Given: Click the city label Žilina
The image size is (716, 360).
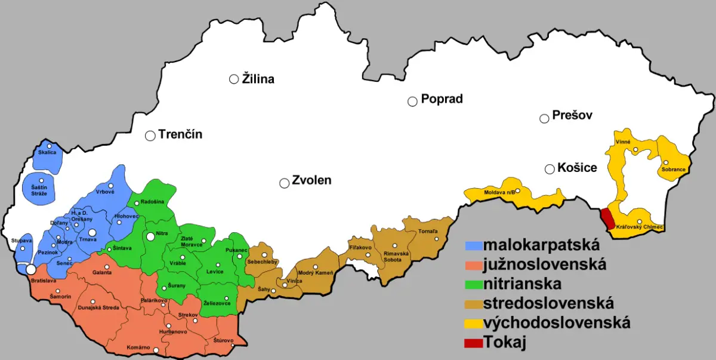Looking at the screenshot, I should pyautogui.click(x=258, y=79).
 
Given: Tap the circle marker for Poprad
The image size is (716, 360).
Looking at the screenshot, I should pyautogui.click(x=412, y=101).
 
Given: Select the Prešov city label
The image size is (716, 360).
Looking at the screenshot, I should pyautogui.click(x=572, y=116).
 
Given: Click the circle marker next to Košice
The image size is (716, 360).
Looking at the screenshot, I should pyautogui.click(x=550, y=170).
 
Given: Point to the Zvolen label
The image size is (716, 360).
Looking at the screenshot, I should pyautogui.click(x=311, y=180).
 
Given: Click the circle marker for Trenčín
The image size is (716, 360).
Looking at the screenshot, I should pyautogui.click(x=150, y=136).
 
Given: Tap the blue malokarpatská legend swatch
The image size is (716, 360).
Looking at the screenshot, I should pyautogui.click(x=473, y=245).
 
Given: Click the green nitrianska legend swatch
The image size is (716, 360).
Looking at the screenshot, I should pyautogui.click(x=473, y=284).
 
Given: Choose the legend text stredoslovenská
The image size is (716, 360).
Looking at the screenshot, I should pyautogui.click(x=548, y=303).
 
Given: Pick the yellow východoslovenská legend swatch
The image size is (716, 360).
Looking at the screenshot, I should pyautogui.click(x=473, y=324).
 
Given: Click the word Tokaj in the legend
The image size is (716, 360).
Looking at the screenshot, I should pyautogui.click(x=505, y=343).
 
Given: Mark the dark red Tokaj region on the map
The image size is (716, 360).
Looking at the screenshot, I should pyautogui.click(x=607, y=219).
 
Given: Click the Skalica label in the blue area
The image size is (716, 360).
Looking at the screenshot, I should pyautogui.click(x=47, y=153).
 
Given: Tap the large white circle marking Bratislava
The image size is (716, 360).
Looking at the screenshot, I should pyautogui.click(x=30, y=270).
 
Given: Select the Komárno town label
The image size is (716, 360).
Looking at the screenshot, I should pyautogui.click(x=138, y=347).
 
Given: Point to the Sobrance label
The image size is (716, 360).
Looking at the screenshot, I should pyautogui.click(x=673, y=170).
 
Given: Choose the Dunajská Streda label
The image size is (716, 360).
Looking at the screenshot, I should pyautogui.click(x=98, y=308).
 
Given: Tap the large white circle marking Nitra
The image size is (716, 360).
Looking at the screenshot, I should pyautogui.click(x=151, y=236).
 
